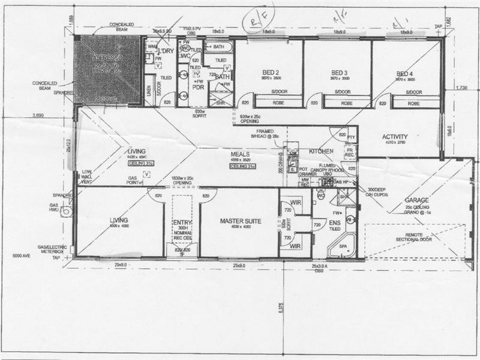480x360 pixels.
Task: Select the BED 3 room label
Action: click(x=340, y=71)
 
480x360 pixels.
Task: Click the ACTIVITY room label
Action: click(x=395, y=137)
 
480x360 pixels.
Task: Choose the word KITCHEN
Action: click(x=321, y=152)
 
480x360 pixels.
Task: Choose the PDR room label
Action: click(x=199, y=86)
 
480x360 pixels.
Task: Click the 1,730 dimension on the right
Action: click(x=461, y=88)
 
